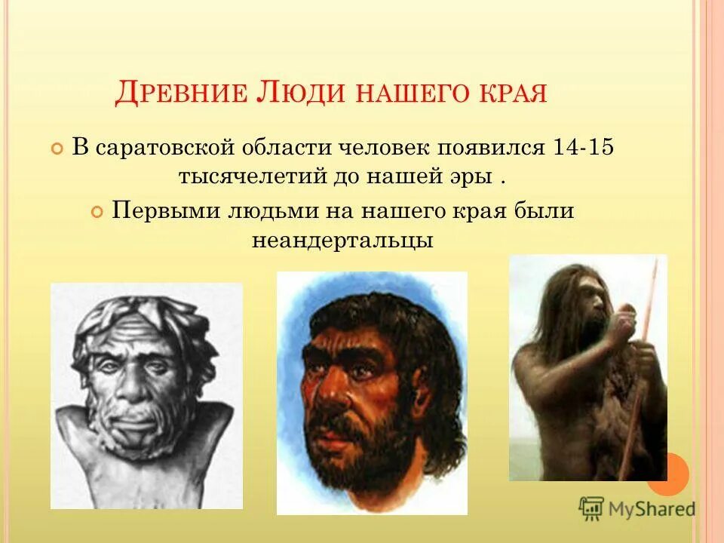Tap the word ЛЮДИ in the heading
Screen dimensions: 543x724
point(290,94)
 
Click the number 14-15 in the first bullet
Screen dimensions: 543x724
point(582,146)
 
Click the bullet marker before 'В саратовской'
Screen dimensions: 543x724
point(57,148)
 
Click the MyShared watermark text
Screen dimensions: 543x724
point(652,509)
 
